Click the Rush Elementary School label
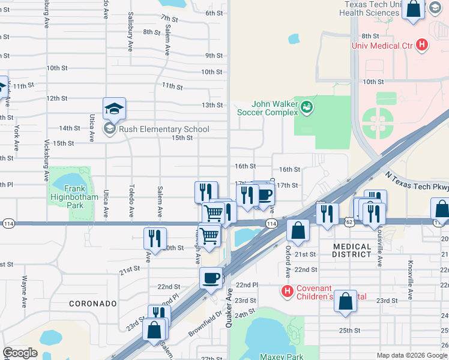click(164, 129)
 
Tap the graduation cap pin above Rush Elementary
click(114, 109)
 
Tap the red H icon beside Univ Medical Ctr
click(422, 44)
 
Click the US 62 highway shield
click(349, 222)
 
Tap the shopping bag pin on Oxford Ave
click(298, 229)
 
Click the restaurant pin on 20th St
click(154, 238)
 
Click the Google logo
click(20, 353)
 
